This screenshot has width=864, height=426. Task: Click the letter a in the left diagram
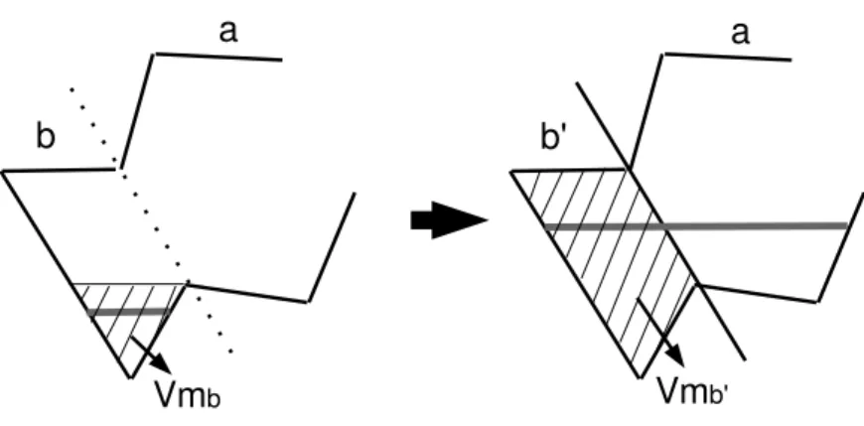point(228,32)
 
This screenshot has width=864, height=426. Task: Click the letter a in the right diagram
point(740,33)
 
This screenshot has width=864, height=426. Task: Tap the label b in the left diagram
point(46,136)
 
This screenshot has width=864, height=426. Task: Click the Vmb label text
point(188,394)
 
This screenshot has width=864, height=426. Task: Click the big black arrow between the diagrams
point(449,220)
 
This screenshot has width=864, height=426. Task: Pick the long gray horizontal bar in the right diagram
point(695,225)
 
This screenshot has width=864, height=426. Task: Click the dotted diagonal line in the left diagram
point(151,219)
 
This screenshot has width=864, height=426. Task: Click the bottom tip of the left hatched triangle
point(130,378)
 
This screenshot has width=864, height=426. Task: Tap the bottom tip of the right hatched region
point(641,378)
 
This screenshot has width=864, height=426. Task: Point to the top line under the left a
point(218,57)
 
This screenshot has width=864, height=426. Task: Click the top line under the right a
point(728,57)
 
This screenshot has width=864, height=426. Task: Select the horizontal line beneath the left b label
point(59,170)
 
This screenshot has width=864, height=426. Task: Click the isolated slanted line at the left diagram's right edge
point(331,247)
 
